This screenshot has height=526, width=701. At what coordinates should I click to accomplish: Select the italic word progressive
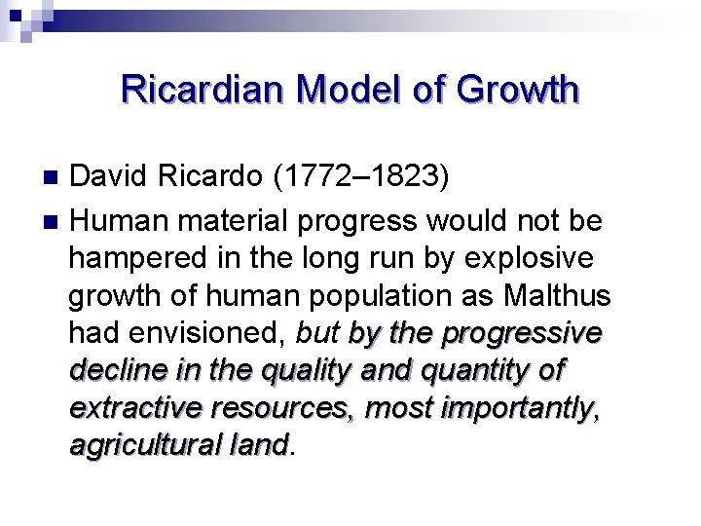(x=522, y=333)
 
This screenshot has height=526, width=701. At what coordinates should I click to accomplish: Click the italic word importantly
(x=517, y=408)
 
